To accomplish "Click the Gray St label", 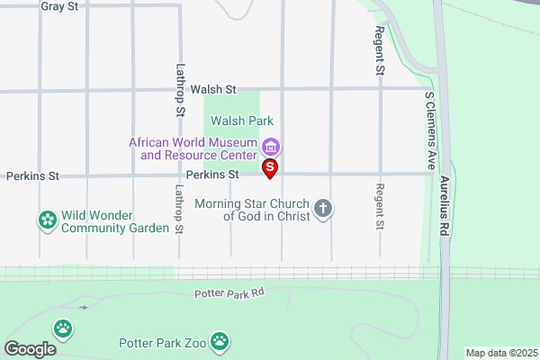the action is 60,6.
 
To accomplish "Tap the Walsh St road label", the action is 213,90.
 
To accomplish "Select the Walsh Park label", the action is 241,121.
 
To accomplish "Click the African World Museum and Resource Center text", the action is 193,148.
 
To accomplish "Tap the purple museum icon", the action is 270,146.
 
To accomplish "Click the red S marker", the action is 269,168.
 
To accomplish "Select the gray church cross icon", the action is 324,210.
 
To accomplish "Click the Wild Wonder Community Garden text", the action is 115,222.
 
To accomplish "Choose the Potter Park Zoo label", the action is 163,343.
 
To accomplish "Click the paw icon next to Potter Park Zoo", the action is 221,341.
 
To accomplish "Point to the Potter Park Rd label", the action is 229,293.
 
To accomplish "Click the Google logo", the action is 30,349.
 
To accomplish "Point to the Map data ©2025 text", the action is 500,353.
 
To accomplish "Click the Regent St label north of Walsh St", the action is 380,50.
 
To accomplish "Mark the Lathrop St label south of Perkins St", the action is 179,209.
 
